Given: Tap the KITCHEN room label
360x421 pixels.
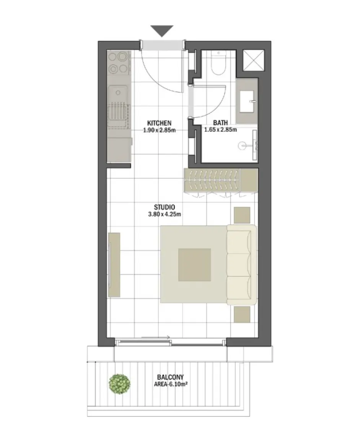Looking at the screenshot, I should tap(159, 123).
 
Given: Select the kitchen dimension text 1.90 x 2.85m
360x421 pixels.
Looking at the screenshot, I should tap(159, 130).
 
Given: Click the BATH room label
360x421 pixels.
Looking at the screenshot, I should tap(220, 123).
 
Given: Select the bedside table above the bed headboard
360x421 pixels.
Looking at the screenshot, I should tap(242, 215).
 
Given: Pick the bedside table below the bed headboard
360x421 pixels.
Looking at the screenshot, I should tap(242, 314).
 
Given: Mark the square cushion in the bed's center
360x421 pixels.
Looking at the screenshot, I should tap(195, 265).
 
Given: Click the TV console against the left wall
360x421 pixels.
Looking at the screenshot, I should tap(114, 264).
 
